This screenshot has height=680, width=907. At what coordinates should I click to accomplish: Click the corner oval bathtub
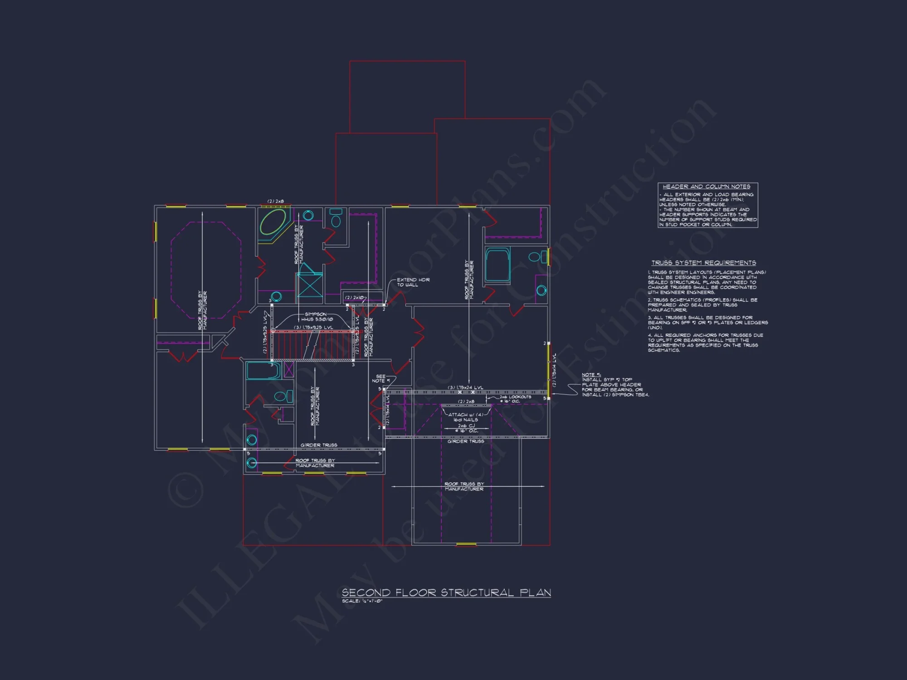273,222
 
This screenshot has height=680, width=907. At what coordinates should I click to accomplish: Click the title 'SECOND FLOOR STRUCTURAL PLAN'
446,593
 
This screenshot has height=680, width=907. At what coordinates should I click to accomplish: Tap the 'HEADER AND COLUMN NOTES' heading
706,186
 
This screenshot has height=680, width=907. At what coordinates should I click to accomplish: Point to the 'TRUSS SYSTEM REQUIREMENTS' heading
703,263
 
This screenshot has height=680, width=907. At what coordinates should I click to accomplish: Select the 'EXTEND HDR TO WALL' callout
413,282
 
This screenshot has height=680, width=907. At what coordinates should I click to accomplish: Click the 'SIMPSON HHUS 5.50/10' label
316,316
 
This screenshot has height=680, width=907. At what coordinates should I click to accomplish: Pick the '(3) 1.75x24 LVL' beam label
465,388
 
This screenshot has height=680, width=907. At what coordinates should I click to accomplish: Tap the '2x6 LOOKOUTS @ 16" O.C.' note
515,399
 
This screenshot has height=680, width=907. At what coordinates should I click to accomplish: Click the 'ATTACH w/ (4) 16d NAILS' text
466,417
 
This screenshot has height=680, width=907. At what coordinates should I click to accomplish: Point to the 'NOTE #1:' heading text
591,375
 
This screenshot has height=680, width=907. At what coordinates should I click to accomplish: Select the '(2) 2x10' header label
354,298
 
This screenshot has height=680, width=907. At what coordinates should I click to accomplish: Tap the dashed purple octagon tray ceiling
206,270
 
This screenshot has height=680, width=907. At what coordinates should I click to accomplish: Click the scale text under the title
362,601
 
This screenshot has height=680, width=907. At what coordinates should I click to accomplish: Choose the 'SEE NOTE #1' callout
380,379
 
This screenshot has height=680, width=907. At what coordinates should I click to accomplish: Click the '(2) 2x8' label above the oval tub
275,201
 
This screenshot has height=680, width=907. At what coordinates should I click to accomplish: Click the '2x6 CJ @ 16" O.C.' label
466,428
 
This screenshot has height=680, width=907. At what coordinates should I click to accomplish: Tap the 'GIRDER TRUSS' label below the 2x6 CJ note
466,441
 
